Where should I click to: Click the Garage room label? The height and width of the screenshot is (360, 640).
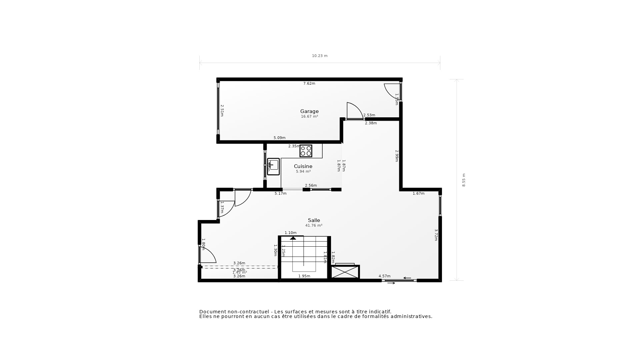click(309, 111)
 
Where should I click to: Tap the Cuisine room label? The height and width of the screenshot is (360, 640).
click(303, 166)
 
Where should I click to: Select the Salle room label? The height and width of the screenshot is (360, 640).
click(314, 220)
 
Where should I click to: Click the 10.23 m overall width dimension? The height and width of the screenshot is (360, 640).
click(320, 56)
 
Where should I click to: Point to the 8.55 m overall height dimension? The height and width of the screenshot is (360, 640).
click(464, 180)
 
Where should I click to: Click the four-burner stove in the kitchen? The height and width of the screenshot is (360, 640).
click(306, 151)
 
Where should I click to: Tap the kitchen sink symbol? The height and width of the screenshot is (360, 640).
click(273, 166)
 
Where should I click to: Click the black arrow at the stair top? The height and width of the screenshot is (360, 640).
click(293, 238)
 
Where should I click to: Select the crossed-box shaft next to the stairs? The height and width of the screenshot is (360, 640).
click(345, 272)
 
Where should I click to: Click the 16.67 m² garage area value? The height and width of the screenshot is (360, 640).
click(309, 117)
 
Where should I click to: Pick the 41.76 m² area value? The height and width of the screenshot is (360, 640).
click(314, 226)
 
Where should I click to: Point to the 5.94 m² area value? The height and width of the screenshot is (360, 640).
click(303, 172)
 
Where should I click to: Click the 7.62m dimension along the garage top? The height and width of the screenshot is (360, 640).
click(309, 84)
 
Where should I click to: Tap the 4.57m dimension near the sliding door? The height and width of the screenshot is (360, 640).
click(384, 276)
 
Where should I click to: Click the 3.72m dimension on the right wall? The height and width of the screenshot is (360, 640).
click(436, 234)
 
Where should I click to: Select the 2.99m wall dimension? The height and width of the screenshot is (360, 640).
click(397, 156)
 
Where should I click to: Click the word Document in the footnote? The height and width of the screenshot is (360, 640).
click(212, 312)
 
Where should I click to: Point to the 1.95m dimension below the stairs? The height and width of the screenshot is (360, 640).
click(304, 276)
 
